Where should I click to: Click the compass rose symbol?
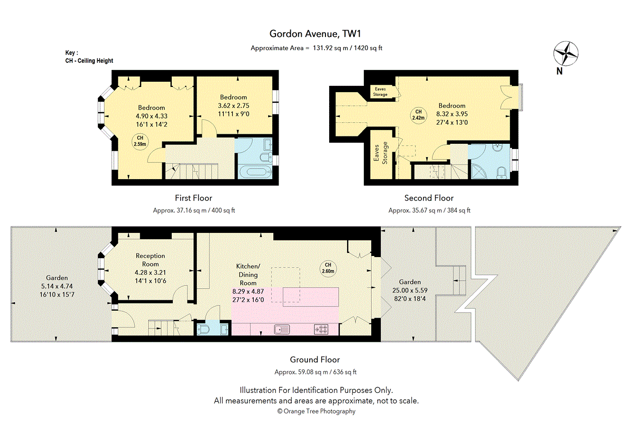pos(566,53)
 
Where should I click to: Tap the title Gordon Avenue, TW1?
pos(315,34)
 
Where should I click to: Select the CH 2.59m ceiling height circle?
pos(140,141)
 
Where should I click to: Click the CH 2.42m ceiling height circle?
pos(418,115)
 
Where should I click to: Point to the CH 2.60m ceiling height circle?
pos(328,268)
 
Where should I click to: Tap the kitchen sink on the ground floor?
pos(282,329)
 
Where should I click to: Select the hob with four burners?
pos(321,329)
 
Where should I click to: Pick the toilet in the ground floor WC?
pos(203,329)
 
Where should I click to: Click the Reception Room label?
pos(150,260)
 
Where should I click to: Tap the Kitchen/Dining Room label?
pos(248,274)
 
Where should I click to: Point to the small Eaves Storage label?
pos(380,92)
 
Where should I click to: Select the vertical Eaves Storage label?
pos(380,153)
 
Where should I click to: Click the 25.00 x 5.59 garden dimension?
pos(410,290)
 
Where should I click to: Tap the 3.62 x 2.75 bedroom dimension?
pos(233,105)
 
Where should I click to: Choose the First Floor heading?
pos(194,198)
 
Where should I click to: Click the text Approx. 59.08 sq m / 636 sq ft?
pos(315,372)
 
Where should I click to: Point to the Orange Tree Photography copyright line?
pos(317,411)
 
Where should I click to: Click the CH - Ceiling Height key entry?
pos(89,61)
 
